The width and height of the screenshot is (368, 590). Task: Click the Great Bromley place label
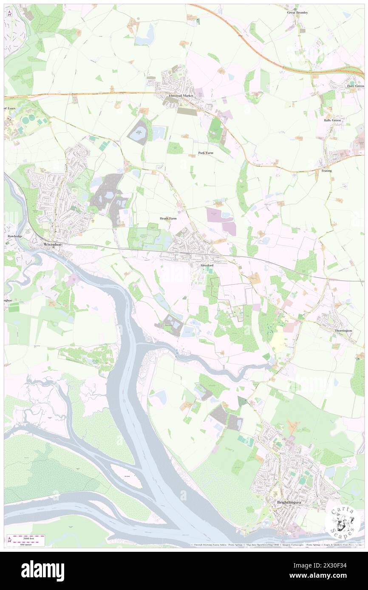pos(297,13)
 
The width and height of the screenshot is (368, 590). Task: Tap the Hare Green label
pos(355,86)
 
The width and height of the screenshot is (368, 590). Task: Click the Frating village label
pos(326,171)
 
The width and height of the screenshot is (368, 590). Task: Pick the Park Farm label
pos(206,153)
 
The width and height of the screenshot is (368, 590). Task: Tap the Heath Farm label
pos(168,218)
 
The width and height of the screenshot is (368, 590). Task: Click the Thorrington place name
pos(343,330)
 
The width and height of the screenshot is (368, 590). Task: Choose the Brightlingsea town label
pos(289,502)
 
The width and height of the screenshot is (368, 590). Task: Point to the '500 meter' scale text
pos(27,544)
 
